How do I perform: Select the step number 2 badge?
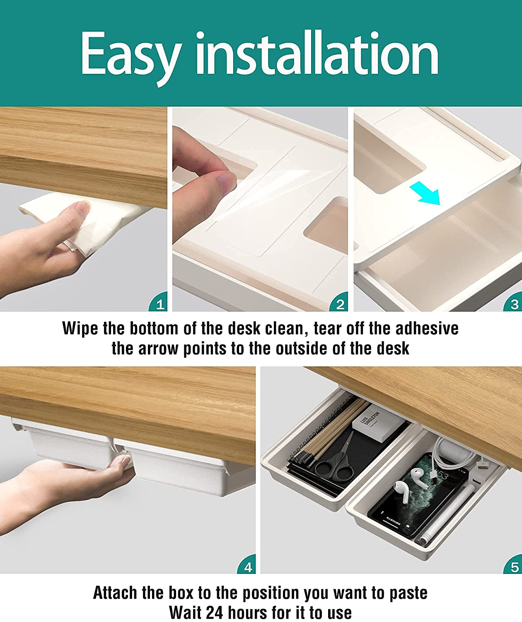[x=340, y=304]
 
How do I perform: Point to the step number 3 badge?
[x=514, y=304]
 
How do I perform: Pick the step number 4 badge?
[x=248, y=566]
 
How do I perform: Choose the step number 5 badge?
[x=514, y=566]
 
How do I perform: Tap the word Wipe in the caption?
[x=80, y=328]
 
